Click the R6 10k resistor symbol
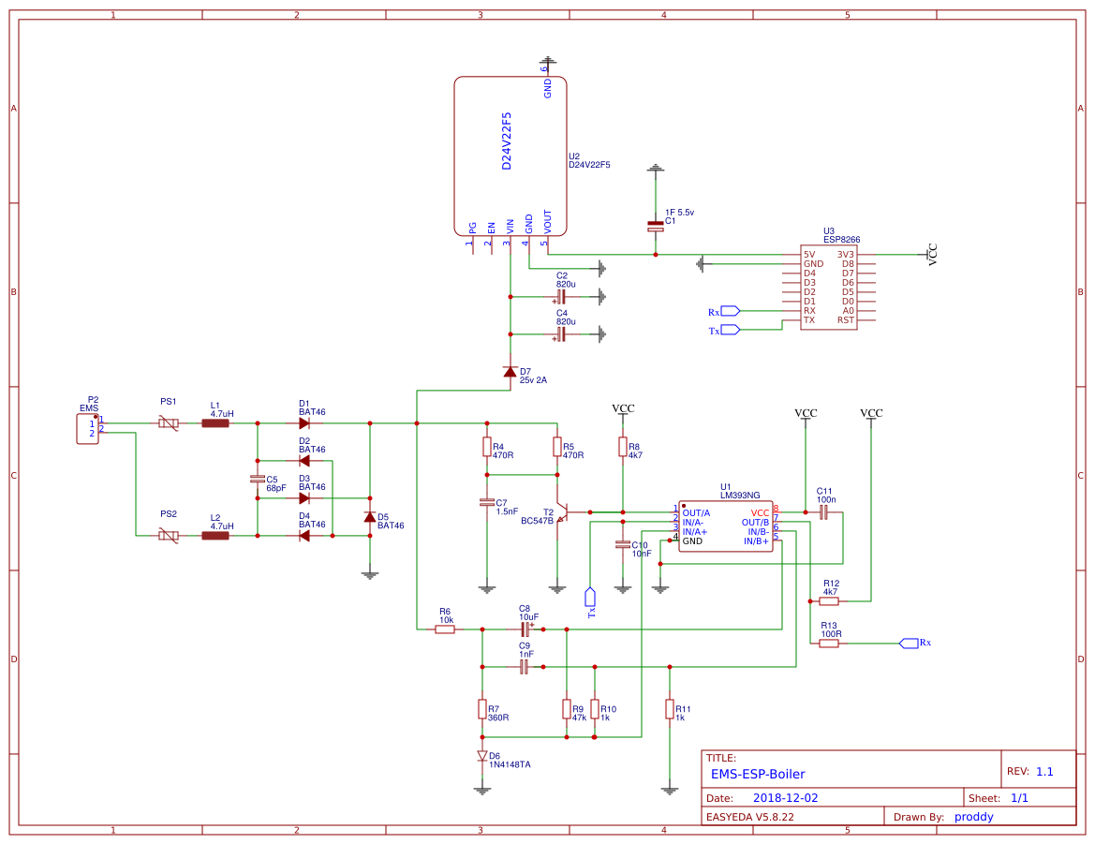coord(445,629)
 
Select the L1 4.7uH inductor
coord(215,423)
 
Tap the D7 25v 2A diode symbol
coord(510,372)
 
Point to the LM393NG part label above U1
coord(740,495)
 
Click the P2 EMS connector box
coord(87,429)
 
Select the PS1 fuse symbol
coord(169,423)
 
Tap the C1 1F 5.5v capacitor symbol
coord(656,226)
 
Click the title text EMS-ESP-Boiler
coord(757,774)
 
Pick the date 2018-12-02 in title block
coord(785,798)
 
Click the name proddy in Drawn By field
coord(973,816)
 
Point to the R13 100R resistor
coord(829,644)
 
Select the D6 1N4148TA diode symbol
coord(482,755)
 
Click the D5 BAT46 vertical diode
coord(370,517)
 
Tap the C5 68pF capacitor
coord(258,479)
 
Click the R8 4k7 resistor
coord(623,447)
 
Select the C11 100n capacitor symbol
coord(824,512)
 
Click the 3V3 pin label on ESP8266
coord(846,254)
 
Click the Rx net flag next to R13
coord(909,643)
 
